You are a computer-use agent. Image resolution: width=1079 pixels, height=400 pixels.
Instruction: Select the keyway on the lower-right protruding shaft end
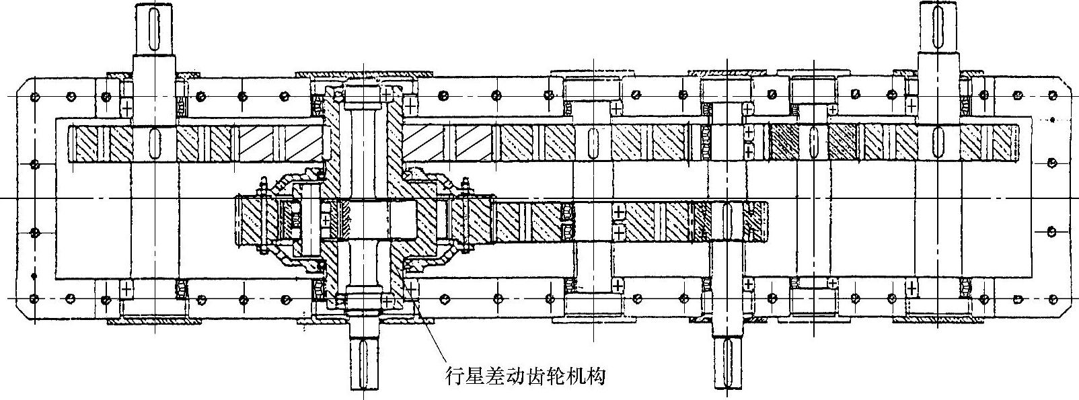[728, 363]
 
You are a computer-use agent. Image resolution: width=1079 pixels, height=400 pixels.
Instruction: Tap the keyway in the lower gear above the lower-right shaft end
[727, 222]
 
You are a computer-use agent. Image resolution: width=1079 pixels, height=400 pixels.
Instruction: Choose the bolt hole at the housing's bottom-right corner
[1051, 298]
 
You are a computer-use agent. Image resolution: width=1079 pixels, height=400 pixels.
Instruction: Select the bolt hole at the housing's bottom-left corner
[32, 298]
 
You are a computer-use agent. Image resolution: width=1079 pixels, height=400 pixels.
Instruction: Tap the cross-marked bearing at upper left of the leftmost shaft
[126, 106]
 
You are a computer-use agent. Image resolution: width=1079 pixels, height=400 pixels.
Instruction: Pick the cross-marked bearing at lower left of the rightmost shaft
[911, 288]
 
